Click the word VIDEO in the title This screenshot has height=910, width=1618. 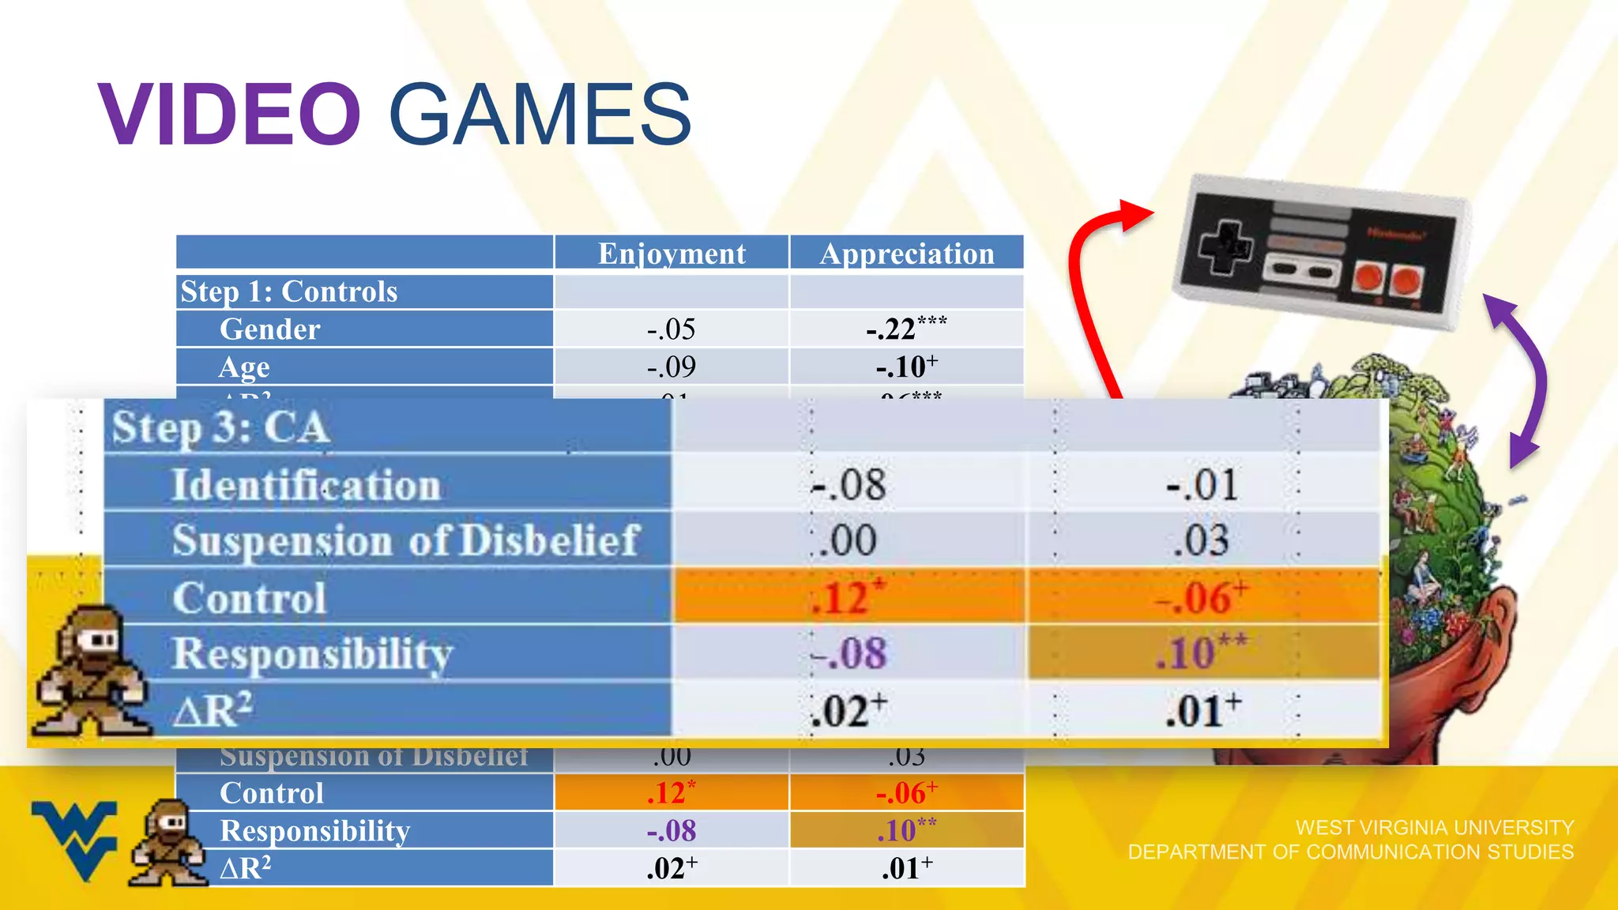pos(229,115)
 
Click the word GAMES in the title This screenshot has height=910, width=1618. pos(540,115)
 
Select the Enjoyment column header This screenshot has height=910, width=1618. pos(672,254)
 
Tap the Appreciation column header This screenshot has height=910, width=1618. pos(907,254)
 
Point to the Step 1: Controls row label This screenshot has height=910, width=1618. pos(289,291)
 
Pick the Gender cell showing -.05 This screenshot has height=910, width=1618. pos(671,329)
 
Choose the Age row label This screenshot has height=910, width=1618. pos(245,367)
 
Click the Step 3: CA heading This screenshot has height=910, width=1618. pos(220,428)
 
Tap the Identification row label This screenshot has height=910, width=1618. pos(306,484)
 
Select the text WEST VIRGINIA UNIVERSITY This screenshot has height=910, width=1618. pos(1435,827)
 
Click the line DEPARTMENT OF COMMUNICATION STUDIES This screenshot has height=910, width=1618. pos(1350,852)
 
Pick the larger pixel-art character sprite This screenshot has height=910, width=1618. pos(91,671)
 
